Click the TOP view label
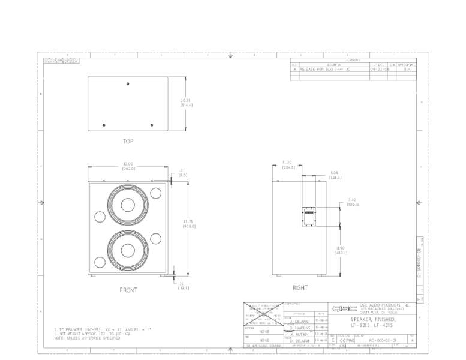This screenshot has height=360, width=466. click(128, 142)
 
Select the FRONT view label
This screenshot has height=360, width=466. click(128, 290)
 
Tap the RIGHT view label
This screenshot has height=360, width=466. click(300, 288)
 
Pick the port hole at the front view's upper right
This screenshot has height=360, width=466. click(156, 193)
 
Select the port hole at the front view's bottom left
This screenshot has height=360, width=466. click(100, 262)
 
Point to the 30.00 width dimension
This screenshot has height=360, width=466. click(128, 166)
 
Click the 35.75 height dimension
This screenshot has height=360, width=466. click(187, 224)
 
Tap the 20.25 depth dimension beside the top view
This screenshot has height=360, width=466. click(186, 103)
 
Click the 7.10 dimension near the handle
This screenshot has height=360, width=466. click(353, 202)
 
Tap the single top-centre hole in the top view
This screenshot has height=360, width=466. click(128, 83)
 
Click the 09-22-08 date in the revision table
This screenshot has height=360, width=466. click(378, 70)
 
